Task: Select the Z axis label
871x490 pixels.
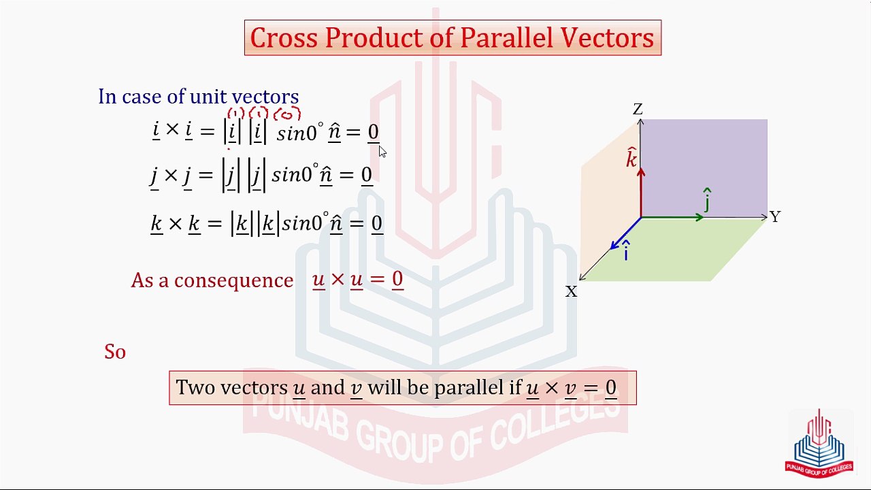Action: pos(638,110)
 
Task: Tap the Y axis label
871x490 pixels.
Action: pos(775,217)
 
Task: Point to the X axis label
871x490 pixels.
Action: pos(571,291)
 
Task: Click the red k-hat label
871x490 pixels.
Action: pos(631,157)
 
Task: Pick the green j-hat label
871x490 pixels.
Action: pos(707,200)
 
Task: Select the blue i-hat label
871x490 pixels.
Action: pos(626,250)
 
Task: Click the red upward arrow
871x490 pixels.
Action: pos(641,192)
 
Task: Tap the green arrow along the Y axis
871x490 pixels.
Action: pos(672,217)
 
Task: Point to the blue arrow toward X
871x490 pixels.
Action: pos(625,233)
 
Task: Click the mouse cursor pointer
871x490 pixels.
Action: pos(382,152)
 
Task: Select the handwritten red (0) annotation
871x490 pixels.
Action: pos(287,114)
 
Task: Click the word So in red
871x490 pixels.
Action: pos(115,352)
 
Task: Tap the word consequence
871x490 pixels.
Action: pos(233,281)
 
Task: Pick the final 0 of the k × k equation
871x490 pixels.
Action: pos(377,224)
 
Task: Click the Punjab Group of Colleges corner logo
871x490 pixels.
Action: pos(819,443)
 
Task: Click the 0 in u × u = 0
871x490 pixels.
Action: pos(397,279)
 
